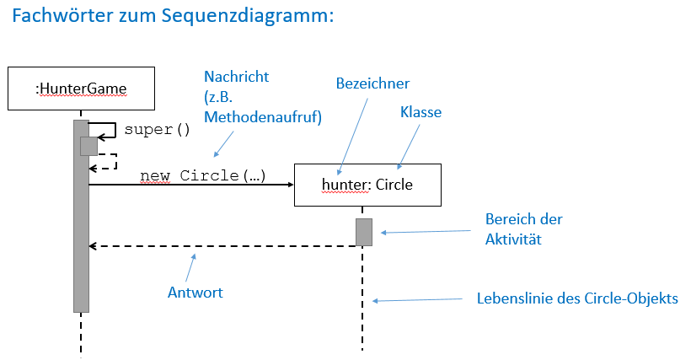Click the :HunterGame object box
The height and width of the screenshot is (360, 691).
pos(81,87)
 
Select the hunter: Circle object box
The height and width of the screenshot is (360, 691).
pos(367,184)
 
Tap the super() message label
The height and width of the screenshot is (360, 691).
pos(158,130)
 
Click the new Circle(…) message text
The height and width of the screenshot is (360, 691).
pos(203,176)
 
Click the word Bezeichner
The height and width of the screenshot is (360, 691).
pos(372,83)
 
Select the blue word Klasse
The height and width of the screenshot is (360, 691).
pos(420,111)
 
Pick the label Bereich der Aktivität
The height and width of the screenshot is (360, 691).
pos(523,229)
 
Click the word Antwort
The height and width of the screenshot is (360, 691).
pos(196,293)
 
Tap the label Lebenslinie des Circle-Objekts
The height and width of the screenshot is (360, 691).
pos(577,298)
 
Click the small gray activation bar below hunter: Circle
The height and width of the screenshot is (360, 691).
pos(363,232)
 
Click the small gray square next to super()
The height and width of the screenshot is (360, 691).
pos(88,146)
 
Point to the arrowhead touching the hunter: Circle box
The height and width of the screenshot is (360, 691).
pos(289,184)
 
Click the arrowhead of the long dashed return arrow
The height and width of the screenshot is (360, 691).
pos(94,246)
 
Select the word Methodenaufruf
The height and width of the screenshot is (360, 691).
pos(263,117)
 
